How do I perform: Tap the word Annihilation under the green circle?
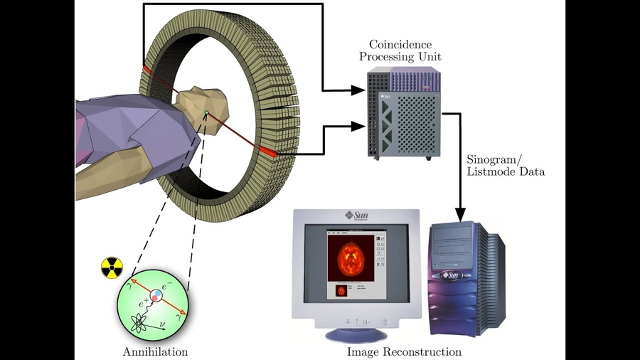click(x=155, y=351)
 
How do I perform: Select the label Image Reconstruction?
click(x=404, y=351)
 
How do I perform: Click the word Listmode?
click(x=491, y=171)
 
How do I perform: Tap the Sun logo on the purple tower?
click(x=451, y=274)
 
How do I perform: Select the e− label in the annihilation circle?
click(x=165, y=287)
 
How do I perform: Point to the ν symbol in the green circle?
click(x=165, y=325)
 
